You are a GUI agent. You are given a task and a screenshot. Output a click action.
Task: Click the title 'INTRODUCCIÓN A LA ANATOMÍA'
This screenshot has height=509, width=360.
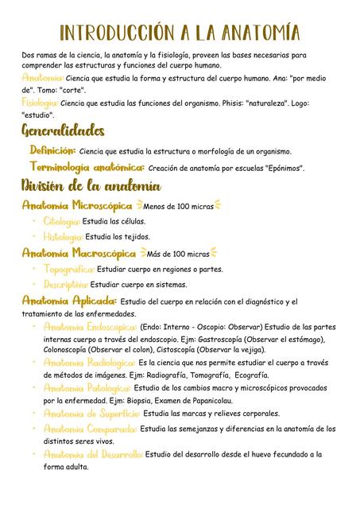180,33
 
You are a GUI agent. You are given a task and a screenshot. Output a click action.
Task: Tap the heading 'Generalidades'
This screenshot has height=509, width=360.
63,130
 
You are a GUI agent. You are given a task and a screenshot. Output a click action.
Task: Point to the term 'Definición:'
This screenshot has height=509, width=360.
52,150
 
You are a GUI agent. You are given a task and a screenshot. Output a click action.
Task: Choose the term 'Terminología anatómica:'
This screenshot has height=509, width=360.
87,167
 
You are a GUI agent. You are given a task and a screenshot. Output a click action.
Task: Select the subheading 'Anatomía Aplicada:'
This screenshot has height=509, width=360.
69,301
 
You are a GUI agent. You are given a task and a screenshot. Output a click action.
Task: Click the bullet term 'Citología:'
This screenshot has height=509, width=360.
62,221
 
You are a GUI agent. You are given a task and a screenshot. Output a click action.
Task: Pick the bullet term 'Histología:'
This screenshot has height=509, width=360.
63,236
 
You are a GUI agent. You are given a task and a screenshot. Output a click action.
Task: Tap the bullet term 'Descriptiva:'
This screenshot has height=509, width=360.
66,284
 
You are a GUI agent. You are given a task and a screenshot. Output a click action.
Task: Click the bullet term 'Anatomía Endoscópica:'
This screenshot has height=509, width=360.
90,326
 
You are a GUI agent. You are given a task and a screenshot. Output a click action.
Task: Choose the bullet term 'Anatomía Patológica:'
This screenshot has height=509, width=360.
87,387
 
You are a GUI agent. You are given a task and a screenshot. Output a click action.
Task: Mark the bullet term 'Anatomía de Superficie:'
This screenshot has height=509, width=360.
91,414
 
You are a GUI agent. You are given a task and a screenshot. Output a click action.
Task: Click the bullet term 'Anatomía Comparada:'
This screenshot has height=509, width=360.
90,429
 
